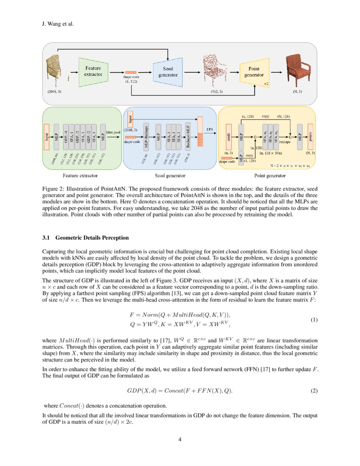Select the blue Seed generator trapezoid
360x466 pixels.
[168, 72]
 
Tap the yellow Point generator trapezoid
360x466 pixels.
[254, 72]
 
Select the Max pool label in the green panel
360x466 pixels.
[113, 132]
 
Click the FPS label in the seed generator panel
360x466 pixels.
[210, 128]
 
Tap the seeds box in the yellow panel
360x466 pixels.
[229, 136]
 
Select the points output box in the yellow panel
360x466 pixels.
[311, 136]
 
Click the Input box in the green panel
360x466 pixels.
[46, 136]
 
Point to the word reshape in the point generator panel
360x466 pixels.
[285, 142]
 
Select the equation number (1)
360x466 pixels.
[314, 320]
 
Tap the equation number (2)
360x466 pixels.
[314, 390]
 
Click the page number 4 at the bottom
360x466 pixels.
[180, 439]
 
